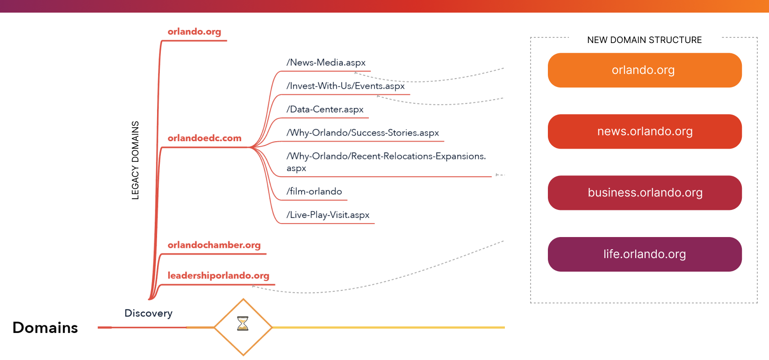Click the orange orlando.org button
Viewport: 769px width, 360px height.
[x=644, y=70]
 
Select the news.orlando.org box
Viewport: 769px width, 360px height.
[x=644, y=131]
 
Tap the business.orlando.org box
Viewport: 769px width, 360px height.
[x=644, y=193]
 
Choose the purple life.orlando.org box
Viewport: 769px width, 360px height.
[x=644, y=254]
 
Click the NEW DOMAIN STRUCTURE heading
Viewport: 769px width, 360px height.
[x=644, y=40]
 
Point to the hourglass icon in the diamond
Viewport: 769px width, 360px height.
[x=243, y=324]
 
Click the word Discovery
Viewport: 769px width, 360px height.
[x=148, y=313]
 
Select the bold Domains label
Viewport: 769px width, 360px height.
[x=45, y=328]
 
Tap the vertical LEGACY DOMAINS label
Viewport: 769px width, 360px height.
[x=136, y=160]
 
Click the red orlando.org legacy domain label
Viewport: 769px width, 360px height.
[x=194, y=32]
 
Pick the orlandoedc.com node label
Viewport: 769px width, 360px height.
[x=204, y=138]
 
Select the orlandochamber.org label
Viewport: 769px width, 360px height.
[x=214, y=245]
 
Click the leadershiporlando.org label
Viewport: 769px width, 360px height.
[x=218, y=276]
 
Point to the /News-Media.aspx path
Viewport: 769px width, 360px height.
[x=326, y=63]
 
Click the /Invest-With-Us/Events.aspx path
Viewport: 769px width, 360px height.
[x=345, y=86]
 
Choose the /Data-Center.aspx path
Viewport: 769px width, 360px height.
[x=325, y=109]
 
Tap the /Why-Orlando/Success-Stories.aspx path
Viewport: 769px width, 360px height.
[x=363, y=133]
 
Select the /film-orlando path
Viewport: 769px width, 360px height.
[x=314, y=192]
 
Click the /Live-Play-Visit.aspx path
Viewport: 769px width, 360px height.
[x=328, y=215]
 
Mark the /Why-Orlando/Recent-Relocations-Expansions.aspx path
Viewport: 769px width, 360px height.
[x=386, y=162]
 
